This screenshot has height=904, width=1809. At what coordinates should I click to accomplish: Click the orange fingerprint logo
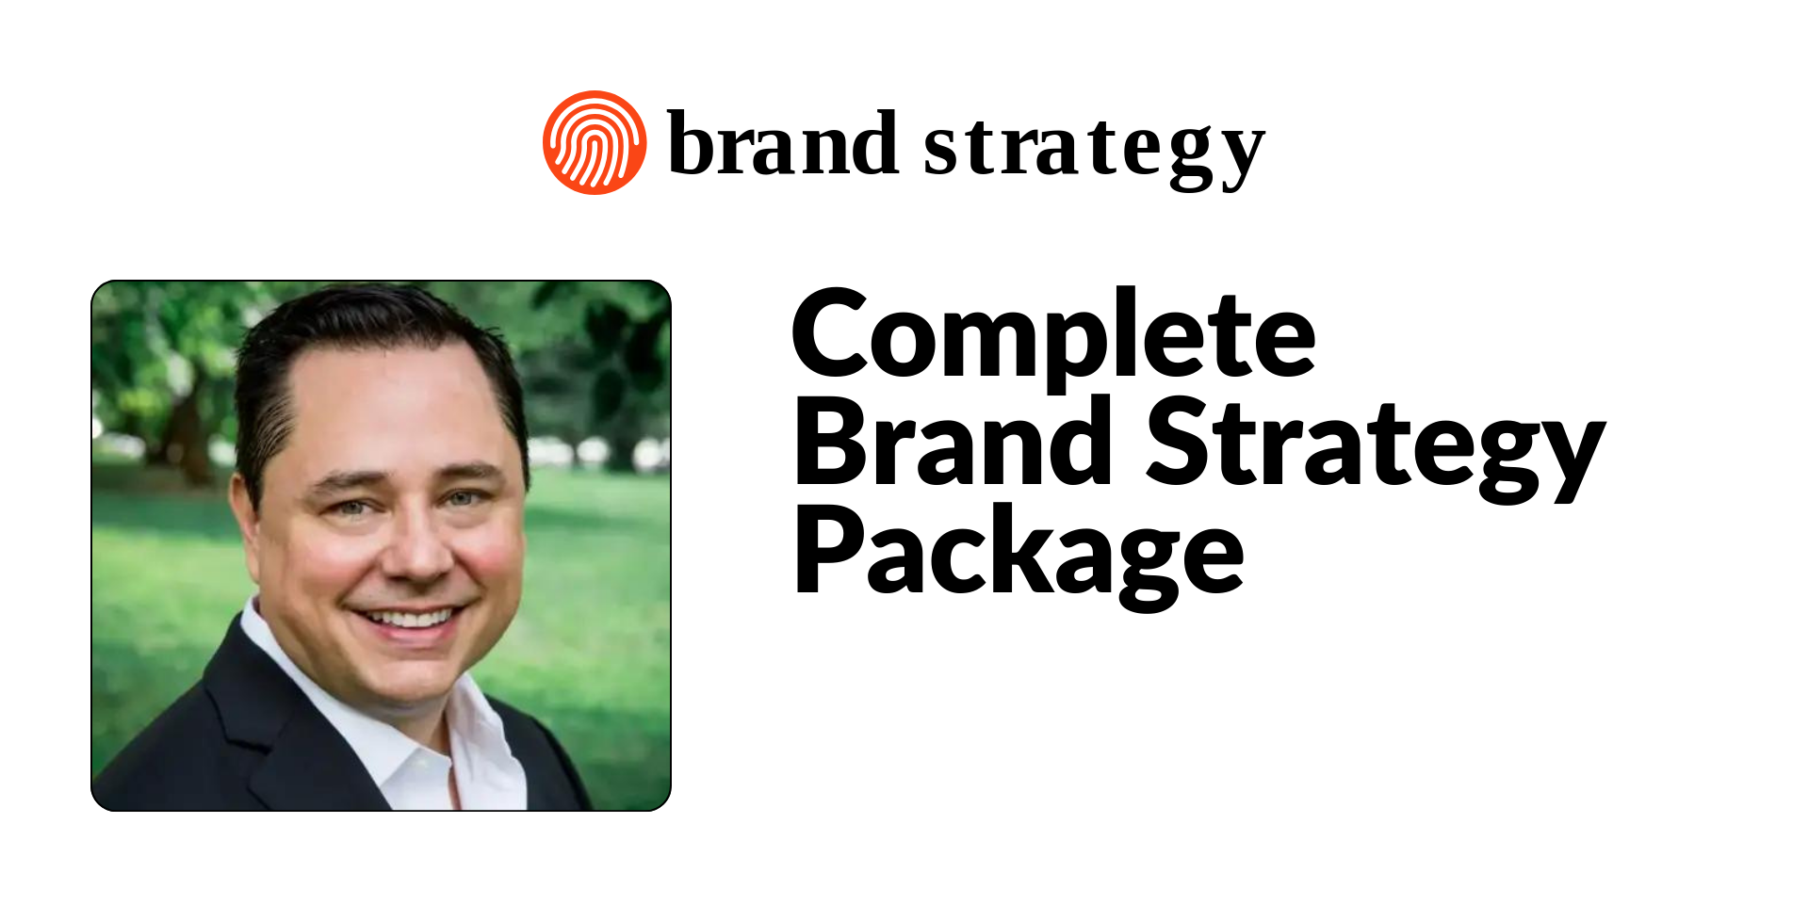pos(595,143)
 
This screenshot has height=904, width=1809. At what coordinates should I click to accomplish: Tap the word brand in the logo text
pos(782,143)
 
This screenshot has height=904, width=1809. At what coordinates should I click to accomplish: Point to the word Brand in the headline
pos(954,441)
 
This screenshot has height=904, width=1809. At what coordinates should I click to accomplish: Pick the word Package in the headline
pos(1019,557)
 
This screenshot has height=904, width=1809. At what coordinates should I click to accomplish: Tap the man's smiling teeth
pos(410,619)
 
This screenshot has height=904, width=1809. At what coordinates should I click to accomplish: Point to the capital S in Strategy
pos(1180,441)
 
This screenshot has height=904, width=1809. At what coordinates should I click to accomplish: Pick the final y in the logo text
pos(1241,160)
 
